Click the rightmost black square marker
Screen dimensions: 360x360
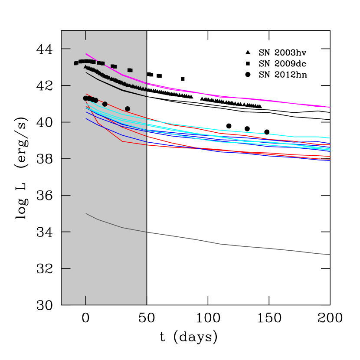tap(130, 70)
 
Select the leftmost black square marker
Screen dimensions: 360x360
tap(76, 63)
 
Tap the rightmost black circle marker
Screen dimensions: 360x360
tap(127, 109)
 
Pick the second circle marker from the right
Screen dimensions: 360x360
tap(105, 104)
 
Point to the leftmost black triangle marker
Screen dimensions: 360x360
tap(85, 66)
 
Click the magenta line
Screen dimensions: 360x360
tap(239, 98)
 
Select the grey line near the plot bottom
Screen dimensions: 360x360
tap(239, 246)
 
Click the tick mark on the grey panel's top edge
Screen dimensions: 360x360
tap(85, 35)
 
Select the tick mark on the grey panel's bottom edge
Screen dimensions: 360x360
tap(85, 300)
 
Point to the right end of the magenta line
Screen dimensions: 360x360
tap(330, 107)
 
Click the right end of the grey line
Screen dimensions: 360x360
tap(330, 255)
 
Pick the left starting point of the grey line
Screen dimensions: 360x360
tap(86, 214)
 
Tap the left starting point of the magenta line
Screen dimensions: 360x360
tap(86, 54)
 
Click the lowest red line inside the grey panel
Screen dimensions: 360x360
tap(123, 141)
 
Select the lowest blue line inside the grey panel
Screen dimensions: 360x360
tap(123, 135)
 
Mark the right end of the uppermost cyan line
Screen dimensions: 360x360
tap(330, 138)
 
